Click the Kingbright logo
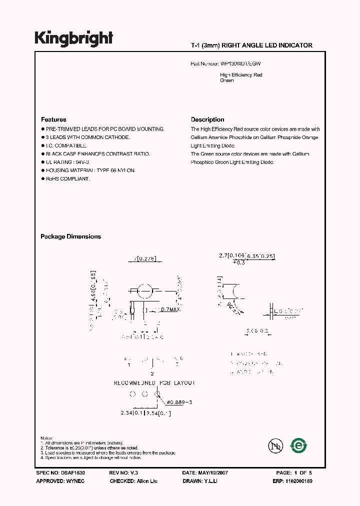click(x=73, y=38)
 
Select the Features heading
click(x=53, y=119)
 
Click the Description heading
click(x=207, y=119)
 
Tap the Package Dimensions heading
click(x=70, y=236)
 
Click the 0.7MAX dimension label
click(x=169, y=309)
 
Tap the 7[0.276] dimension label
click(x=144, y=258)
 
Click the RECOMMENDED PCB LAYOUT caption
click(x=154, y=382)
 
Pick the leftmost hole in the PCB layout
click(x=132, y=394)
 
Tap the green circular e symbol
click(x=299, y=444)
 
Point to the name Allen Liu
click(x=148, y=480)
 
